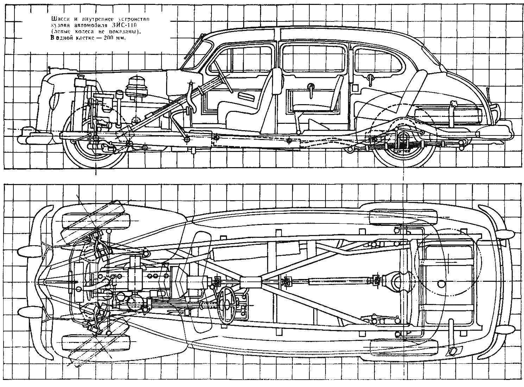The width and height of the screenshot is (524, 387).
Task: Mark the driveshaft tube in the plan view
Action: point(338,272)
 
